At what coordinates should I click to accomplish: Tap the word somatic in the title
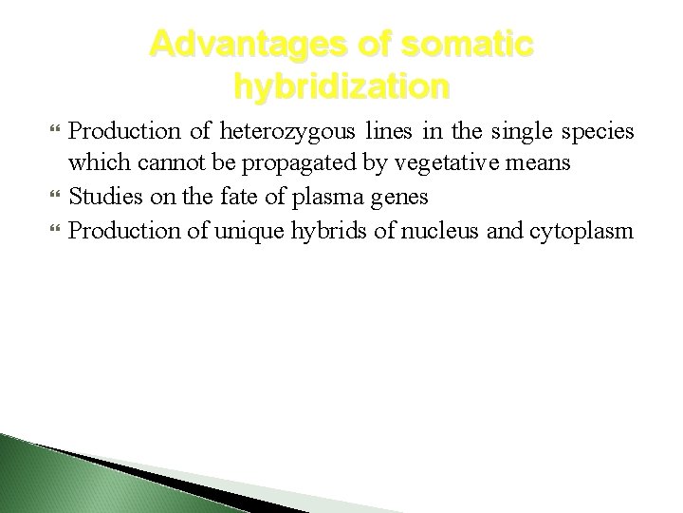pos(467,45)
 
